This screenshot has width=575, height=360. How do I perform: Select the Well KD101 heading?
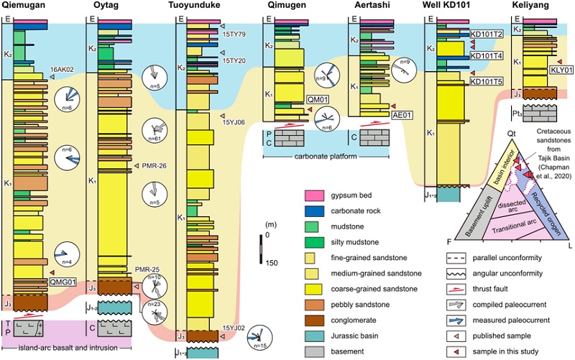[451, 6]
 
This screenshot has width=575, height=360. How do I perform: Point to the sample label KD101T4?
[487, 55]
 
